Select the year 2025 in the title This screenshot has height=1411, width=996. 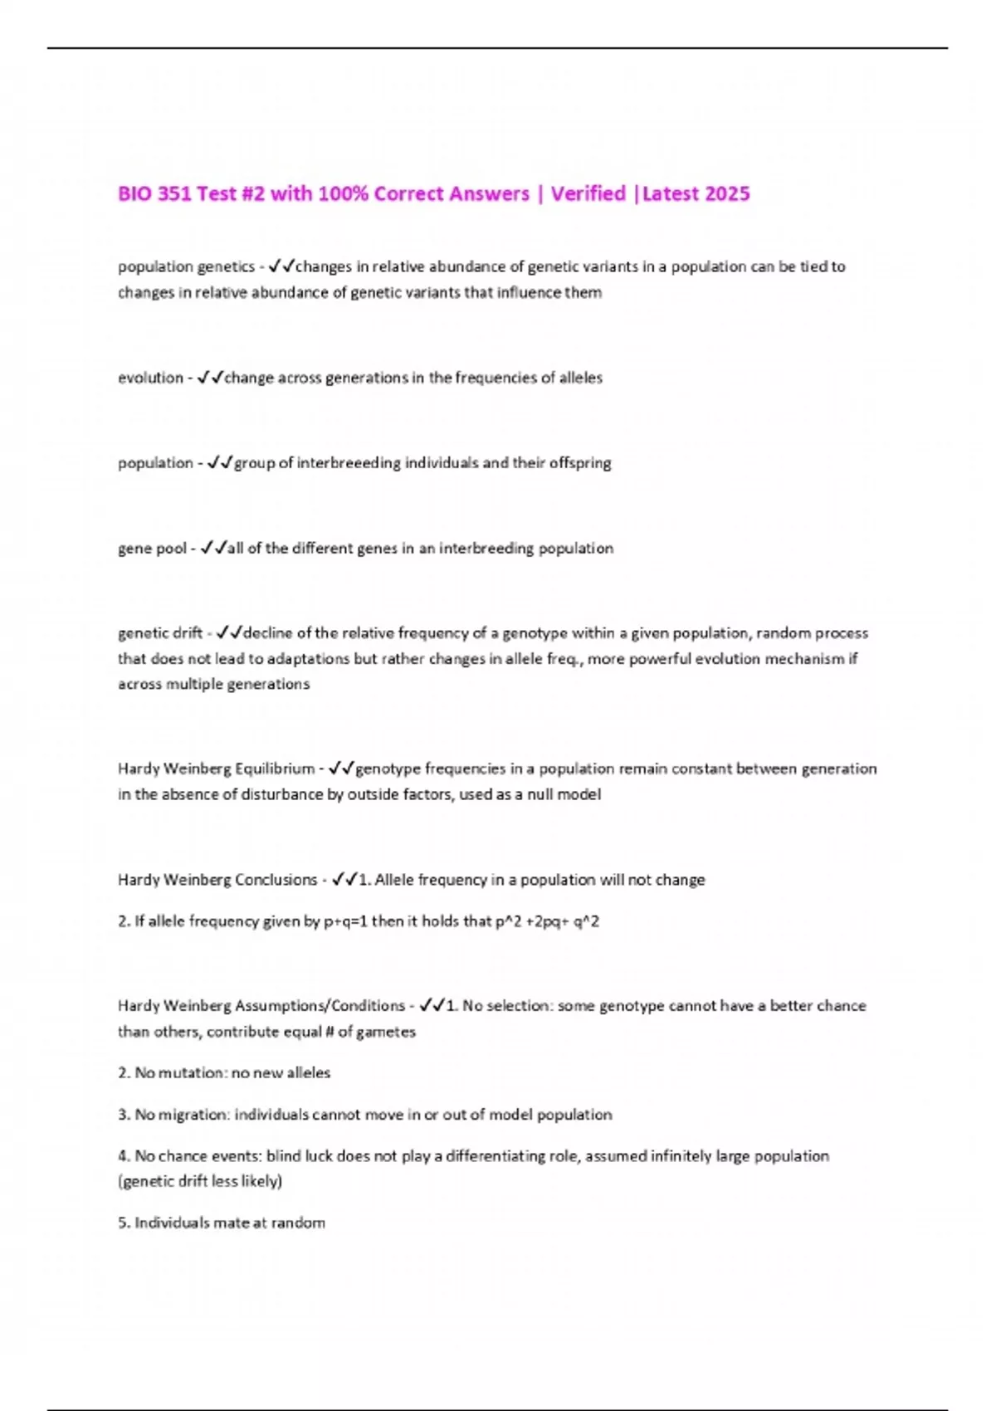tap(728, 194)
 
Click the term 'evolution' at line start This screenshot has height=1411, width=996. tap(150, 378)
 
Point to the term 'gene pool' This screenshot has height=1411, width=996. tap(152, 549)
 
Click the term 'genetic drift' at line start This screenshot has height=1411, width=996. tap(160, 633)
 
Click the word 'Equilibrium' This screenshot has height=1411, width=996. tap(275, 769)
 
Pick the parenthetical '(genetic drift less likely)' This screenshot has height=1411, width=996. tap(200, 1181)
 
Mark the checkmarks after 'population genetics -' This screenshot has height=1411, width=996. tap(282, 266)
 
